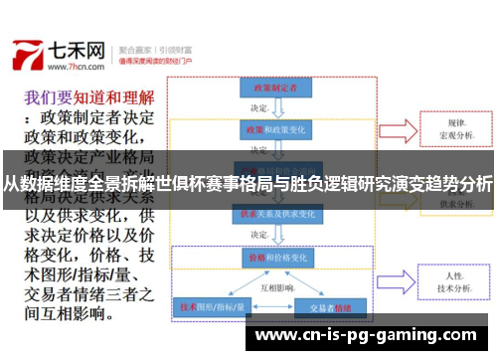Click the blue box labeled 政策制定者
click(269, 89)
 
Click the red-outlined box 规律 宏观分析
click(457, 128)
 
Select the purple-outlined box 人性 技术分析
click(456, 281)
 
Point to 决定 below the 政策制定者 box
click(260, 109)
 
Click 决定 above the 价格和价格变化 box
click(260, 236)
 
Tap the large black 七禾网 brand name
click(77, 49)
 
